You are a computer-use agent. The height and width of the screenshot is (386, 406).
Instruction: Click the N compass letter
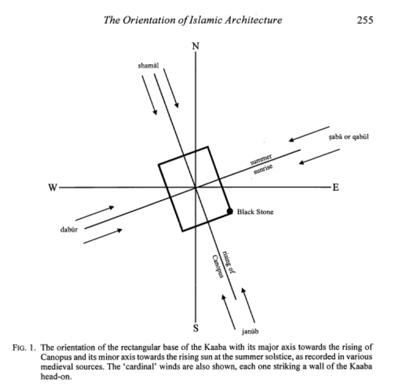[196, 46]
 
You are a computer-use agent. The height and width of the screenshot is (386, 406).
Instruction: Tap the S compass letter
[196, 329]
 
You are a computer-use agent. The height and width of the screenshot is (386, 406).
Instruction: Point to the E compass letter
[336, 188]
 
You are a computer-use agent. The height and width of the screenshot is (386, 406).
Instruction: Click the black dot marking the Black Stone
[229, 211]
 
